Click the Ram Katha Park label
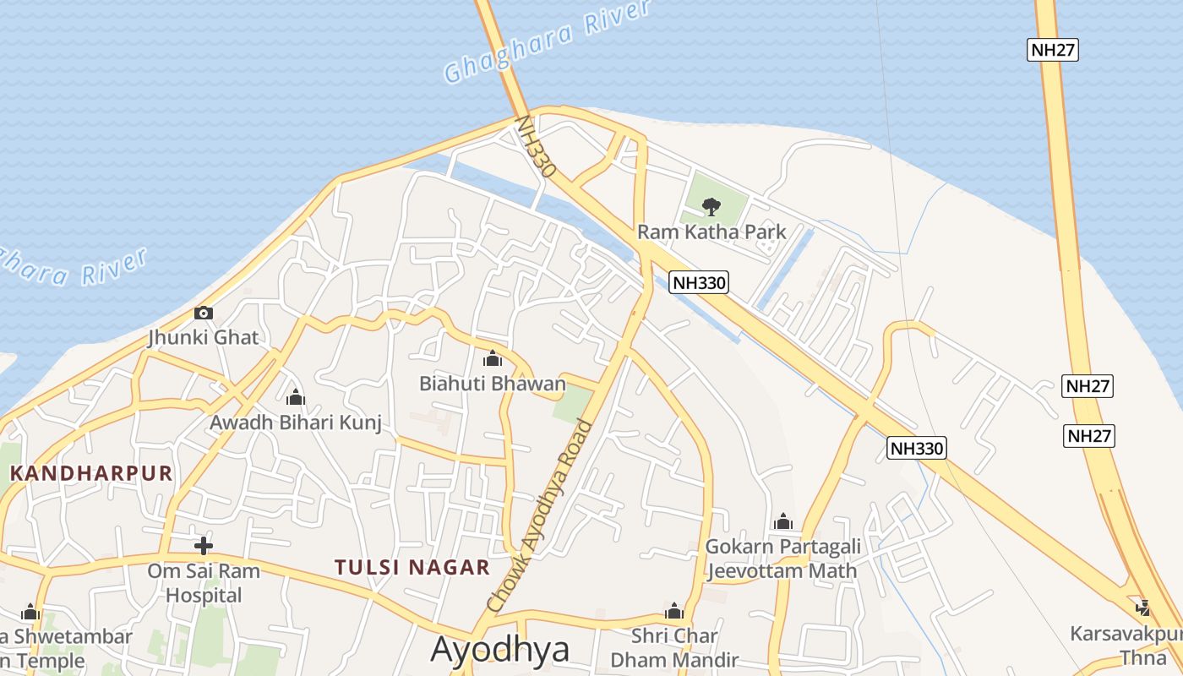tap(711, 232)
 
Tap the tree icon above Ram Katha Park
tap(711, 206)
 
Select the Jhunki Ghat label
tap(203, 337)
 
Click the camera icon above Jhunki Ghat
tap(203, 313)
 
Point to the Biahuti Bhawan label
tap(493, 384)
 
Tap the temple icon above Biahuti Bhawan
tap(493, 359)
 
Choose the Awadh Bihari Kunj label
tap(296, 422)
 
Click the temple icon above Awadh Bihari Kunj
tap(296, 397)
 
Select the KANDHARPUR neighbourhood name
tap(91, 473)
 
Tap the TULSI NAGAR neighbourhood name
tap(412, 567)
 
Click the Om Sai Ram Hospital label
tap(204, 583)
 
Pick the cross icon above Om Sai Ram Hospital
tap(204, 546)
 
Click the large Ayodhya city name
tap(500, 649)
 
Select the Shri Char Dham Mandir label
tap(674, 647)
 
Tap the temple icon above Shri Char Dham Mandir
tap(674, 611)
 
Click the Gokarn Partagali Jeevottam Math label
tap(782, 559)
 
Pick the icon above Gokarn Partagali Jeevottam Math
tap(783, 521)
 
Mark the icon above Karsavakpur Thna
tap(1143, 608)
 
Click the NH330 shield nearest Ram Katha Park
tap(699, 282)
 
